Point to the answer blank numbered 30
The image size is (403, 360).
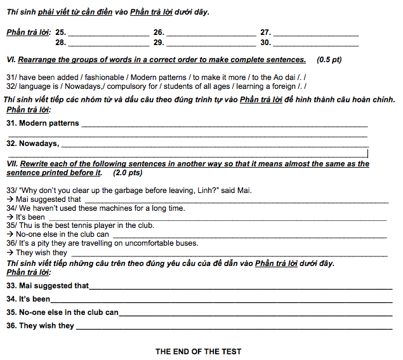pos(316,45)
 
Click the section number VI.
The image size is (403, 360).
pos(10,60)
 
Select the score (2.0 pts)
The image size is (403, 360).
pos(128,173)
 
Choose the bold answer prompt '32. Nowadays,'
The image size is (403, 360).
pos(32,143)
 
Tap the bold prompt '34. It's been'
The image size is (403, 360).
pos(29,299)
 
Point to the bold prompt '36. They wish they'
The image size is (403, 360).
pos(41,326)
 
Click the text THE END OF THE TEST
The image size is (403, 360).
pos(198,351)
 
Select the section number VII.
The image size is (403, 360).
pos(11,163)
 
